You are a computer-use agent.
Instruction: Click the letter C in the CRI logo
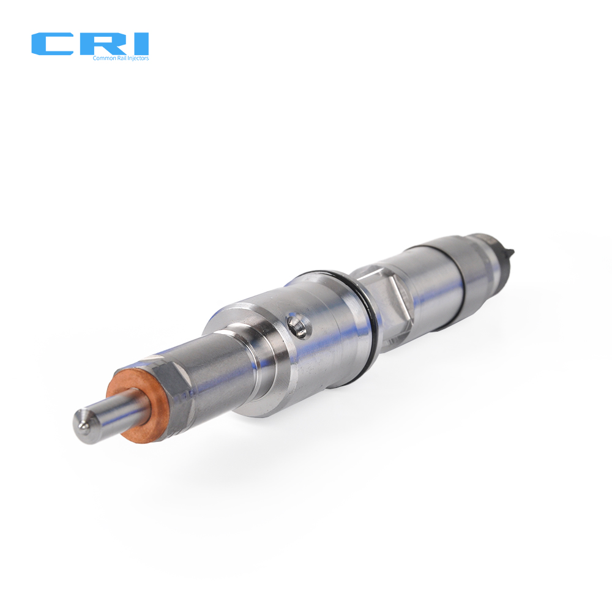click(51, 44)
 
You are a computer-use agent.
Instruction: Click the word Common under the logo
click(100, 58)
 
